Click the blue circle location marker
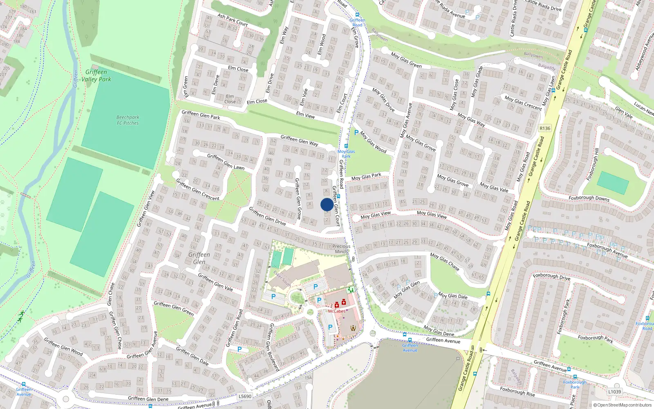coord(327,204)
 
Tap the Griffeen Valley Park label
coord(96,76)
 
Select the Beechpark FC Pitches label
coord(128,120)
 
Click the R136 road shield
coord(545,128)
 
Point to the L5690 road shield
coord(245,396)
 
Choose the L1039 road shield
coord(614,391)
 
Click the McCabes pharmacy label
coord(336,311)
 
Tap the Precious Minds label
coord(341,249)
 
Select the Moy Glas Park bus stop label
coord(346,154)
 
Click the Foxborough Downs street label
coord(589,198)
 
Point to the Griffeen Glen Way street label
coord(299,140)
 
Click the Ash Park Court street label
coord(233,20)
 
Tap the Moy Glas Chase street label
coord(444,261)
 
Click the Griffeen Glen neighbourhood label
coord(199,258)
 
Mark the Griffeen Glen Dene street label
coord(148,399)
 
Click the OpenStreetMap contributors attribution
coord(622,405)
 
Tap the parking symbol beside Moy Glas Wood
coord(356,133)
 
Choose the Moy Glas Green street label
coord(406,60)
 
